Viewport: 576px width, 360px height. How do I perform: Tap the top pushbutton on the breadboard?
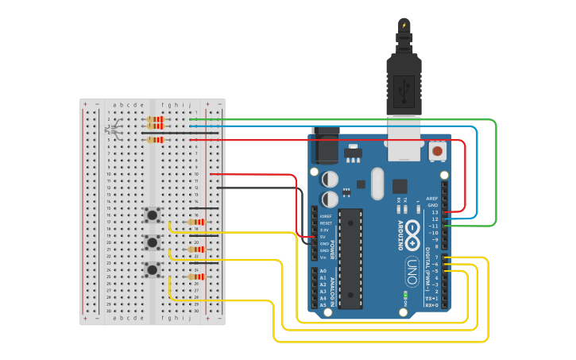coord(151,215)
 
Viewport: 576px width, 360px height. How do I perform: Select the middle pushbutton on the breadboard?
coord(151,242)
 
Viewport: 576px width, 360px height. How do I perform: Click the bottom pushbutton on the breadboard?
coord(151,270)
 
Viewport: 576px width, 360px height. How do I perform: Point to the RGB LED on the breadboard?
coord(114,128)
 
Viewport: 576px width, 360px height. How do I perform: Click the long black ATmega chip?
coord(350,258)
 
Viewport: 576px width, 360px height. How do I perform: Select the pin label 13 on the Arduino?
coord(434,212)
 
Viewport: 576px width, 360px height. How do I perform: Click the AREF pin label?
coord(432,199)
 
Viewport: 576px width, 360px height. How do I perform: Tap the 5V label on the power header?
coord(323,237)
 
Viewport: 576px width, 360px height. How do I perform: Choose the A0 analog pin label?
coord(323,272)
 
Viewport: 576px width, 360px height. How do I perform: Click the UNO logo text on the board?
coord(412,267)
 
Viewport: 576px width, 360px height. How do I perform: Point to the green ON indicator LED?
coord(405,295)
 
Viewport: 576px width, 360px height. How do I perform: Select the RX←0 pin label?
coord(431,305)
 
